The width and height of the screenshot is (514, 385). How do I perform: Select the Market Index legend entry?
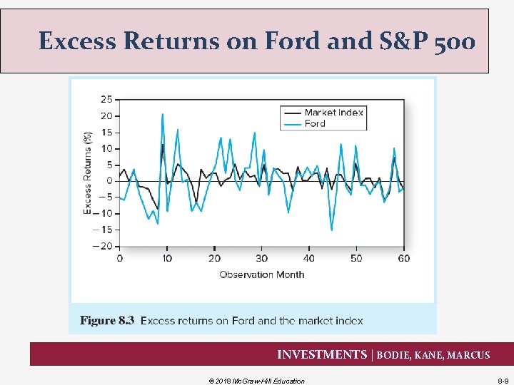[x=333, y=112]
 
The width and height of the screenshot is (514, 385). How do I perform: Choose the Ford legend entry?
[x=315, y=123]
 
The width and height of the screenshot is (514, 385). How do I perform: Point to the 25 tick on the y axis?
[x=105, y=98]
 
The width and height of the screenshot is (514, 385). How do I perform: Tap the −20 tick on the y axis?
[x=102, y=246]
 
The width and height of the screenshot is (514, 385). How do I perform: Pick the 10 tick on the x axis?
[x=166, y=258]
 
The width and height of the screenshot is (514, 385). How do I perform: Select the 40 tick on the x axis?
[x=308, y=258]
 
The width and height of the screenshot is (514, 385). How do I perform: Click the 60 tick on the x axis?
[x=403, y=258]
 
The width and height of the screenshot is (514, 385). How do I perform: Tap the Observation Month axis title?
[x=261, y=274]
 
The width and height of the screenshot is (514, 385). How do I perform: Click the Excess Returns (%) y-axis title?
[x=88, y=172]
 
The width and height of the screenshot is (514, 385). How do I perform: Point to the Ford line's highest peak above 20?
[x=163, y=114]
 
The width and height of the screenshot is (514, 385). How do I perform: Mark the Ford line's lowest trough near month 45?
[x=331, y=230]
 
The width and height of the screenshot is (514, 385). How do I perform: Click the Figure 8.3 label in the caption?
[x=107, y=321]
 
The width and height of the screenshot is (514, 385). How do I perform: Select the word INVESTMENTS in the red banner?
[x=321, y=355]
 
